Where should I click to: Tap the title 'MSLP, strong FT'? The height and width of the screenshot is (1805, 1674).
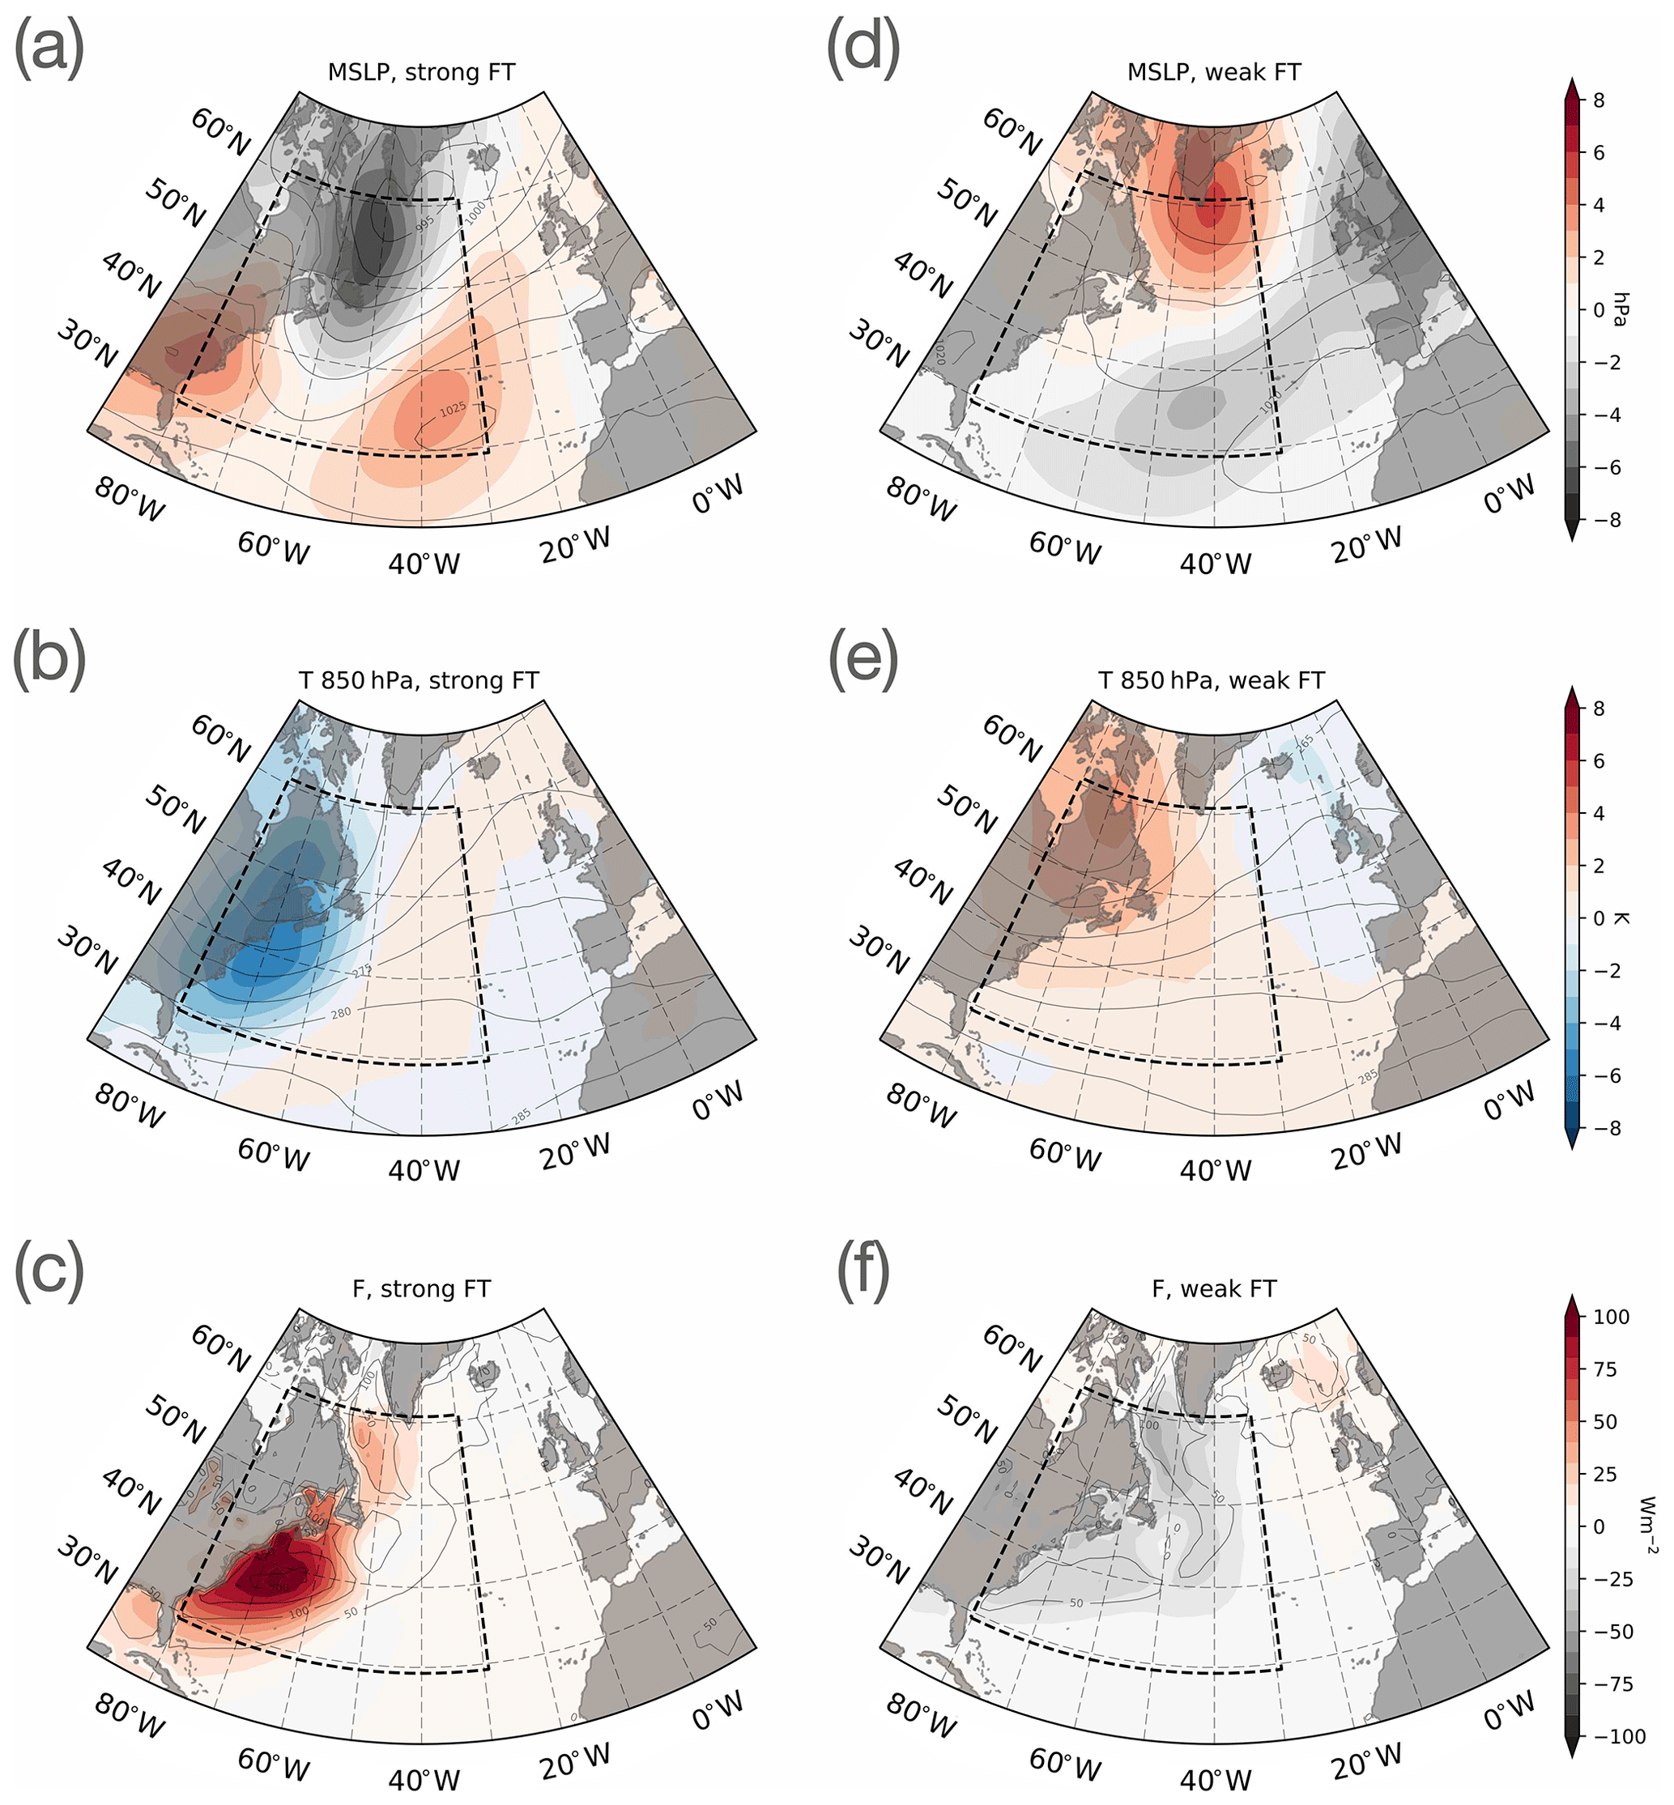pos(421,72)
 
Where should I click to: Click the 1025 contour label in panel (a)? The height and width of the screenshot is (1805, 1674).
pos(453,410)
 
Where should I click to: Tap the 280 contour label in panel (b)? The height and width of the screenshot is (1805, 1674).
pos(341,1012)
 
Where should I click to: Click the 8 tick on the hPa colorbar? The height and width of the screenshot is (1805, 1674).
pos(1598,100)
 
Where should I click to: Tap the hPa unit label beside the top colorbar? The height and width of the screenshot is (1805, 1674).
pos(1621,309)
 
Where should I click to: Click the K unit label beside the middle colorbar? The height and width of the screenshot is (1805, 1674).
pos(1621,918)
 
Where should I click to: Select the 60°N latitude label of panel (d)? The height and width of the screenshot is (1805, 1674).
pos(1012,131)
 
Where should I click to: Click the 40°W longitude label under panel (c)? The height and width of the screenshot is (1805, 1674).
pos(424,1781)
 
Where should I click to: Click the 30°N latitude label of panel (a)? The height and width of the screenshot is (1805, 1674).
pos(87,344)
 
